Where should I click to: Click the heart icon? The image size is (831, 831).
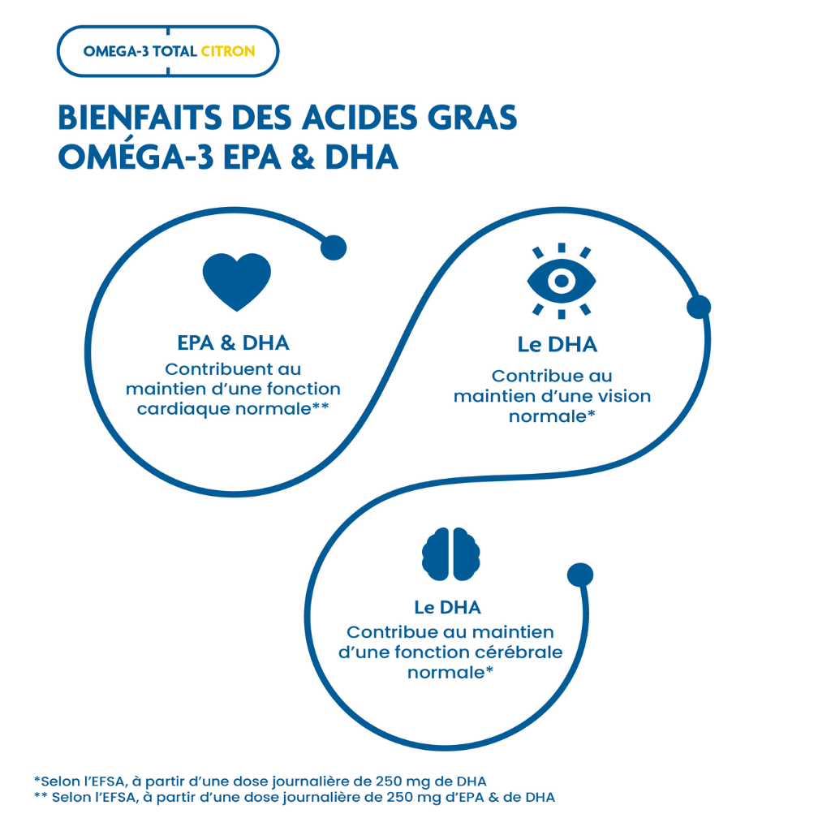tap(236, 281)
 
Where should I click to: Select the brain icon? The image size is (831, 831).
tap(451, 554)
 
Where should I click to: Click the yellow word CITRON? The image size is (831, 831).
tap(228, 51)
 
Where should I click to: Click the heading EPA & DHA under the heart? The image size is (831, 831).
tap(233, 342)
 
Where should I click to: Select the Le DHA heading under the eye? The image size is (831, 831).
tap(558, 345)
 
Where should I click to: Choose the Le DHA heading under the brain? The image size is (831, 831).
tap(447, 607)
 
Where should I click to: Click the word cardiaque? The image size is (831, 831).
tap(184, 409)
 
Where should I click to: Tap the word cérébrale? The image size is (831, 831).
tap(514, 652)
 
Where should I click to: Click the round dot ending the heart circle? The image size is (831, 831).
tap(334, 248)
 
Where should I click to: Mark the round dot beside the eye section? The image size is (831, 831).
tap(699, 307)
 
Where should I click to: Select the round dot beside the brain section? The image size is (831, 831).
tap(580, 575)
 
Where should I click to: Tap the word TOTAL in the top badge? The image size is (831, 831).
tap(174, 51)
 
